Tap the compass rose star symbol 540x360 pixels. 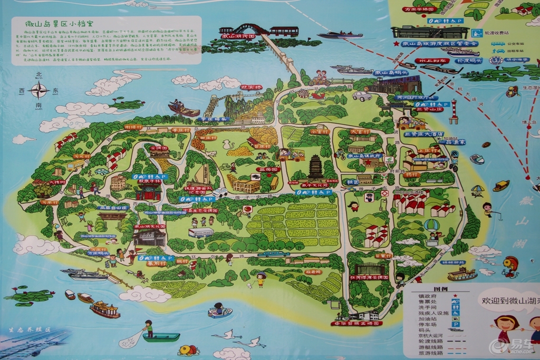(x=39, y=91)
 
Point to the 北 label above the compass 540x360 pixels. (x=38, y=75)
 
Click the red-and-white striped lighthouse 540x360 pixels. (x=454, y=111)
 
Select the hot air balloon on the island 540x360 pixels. (x=431, y=226)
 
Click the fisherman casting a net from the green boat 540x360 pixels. (x=148, y=329)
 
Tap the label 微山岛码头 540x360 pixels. (x=390, y=73)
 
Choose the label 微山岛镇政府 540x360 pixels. (x=364, y=156)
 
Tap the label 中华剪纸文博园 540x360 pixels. (x=356, y=323)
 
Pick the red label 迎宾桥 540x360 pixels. (x=251, y=87)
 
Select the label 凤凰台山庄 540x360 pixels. (x=113, y=208)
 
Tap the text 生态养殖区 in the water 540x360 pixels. (x=28, y=329)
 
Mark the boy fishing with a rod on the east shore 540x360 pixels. (x=487, y=209)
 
